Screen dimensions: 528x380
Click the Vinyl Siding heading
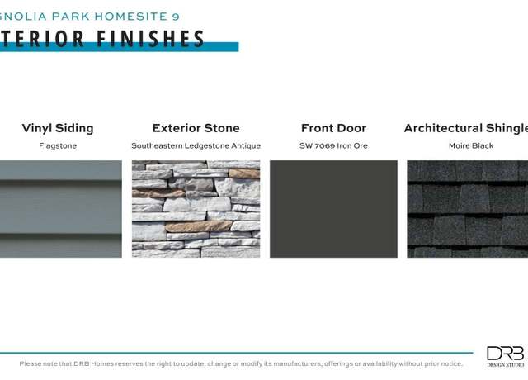tap(58, 129)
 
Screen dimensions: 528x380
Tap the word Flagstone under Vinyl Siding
tap(58, 146)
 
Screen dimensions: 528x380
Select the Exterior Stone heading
tap(196, 128)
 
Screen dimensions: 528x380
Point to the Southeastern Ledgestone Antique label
tap(196, 146)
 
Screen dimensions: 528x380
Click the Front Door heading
tap(333, 128)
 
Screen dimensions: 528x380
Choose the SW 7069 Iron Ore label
tap(333, 146)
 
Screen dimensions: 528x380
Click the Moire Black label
tap(471, 145)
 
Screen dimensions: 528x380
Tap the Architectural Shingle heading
tap(466, 129)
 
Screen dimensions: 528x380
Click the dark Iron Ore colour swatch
tap(333, 209)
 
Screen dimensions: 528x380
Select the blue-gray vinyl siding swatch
tap(61, 209)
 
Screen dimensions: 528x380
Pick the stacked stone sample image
tap(196, 209)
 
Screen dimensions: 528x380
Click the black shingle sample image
tap(468, 209)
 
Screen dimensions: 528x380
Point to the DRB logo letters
tap(506, 354)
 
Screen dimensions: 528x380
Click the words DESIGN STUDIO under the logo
tap(506, 365)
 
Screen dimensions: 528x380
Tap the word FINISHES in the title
tap(150, 39)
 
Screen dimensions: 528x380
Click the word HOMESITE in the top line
tap(131, 17)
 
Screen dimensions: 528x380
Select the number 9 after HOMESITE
tap(176, 17)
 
